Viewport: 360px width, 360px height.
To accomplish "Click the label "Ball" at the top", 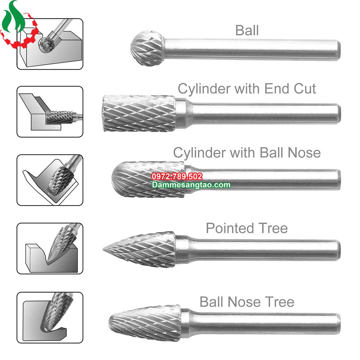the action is pyautogui.click(x=247, y=31).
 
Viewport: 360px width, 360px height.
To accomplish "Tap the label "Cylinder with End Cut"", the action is pyautogui.click(x=247, y=89).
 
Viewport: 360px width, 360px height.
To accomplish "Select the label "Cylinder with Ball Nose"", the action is pyautogui.click(x=247, y=153).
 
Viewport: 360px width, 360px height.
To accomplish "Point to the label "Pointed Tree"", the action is pyautogui.click(x=247, y=228).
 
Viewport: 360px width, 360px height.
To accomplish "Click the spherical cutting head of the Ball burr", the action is pyautogui.click(x=148, y=48).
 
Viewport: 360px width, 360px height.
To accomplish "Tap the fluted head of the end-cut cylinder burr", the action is pyautogui.click(x=139, y=113).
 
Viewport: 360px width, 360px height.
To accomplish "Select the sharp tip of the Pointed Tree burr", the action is pyautogui.click(x=103, y=249).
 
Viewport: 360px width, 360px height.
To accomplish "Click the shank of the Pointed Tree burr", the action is pyautogui.click(x=258, y=250).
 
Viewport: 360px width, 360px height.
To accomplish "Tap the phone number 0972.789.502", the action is pyautogui.click(x=177, y=176).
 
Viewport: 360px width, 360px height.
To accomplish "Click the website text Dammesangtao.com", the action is pyautogui.click(x=191, y=185).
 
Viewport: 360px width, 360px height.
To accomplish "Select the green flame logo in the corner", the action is pyautogui.click(x=13, y=16).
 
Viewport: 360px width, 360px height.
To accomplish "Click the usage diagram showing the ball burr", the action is pyautogui.click(x=50, y=44).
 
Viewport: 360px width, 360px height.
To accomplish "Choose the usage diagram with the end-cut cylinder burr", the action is pyautogui.click(x=50, y=112).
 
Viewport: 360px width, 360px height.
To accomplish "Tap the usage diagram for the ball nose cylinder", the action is pyautogui.click(x=50, y=180).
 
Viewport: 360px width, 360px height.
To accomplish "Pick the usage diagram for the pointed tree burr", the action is pyautogui.click(x=50, y=248).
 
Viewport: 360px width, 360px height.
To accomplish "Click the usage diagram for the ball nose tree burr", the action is pyautogui.click(x=50, y=318).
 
